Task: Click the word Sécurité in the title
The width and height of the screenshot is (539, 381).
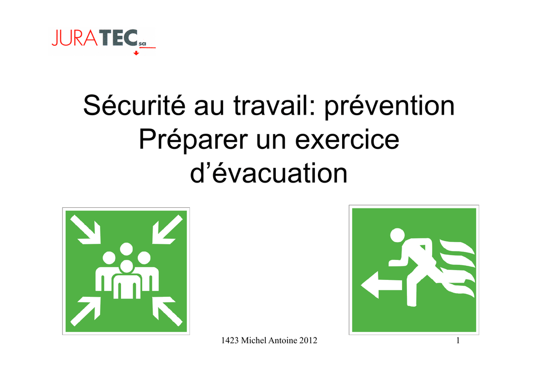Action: (x=134, y=105)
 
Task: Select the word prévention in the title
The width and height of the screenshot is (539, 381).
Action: (x=390, y=106)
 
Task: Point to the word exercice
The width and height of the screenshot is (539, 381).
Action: (x=347, y=139)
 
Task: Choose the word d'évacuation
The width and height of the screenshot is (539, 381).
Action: (x=269, y=173)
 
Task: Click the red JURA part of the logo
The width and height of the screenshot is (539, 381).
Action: (x=75, y=37)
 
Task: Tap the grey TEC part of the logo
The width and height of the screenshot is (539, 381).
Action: (x=118, y=37)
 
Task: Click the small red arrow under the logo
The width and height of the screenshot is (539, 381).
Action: (x=136, y=53)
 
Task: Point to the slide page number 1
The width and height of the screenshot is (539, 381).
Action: (x=458, y=340)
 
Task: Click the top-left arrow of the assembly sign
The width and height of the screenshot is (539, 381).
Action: (x=86, y=230)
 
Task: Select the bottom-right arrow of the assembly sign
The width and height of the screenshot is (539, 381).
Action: (x=167, y=311)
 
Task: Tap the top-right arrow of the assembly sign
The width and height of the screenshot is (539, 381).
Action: (x=167, y=229)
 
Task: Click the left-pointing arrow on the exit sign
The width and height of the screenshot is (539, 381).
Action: (x=381, y=285)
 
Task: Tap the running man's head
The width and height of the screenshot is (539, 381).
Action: (x=397, y=235)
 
